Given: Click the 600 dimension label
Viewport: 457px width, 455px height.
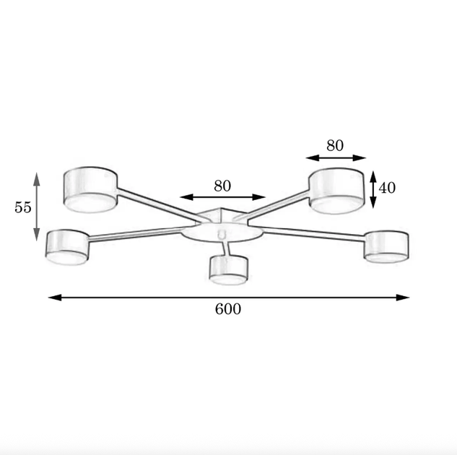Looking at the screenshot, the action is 228,309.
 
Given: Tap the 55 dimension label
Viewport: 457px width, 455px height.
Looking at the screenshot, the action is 22,207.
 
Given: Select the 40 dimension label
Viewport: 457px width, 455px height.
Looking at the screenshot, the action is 387,188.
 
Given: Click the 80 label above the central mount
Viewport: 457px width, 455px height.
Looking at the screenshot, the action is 222,186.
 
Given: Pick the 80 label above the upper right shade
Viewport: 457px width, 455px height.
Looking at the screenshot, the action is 335,145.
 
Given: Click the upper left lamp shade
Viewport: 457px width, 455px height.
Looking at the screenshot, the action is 91,189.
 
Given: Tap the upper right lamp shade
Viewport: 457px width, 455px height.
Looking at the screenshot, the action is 336,191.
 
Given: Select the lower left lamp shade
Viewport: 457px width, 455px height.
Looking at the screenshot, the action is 67,248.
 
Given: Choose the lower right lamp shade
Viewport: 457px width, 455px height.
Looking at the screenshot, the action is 386,247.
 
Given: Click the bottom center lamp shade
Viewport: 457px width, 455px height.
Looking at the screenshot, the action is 229,270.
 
